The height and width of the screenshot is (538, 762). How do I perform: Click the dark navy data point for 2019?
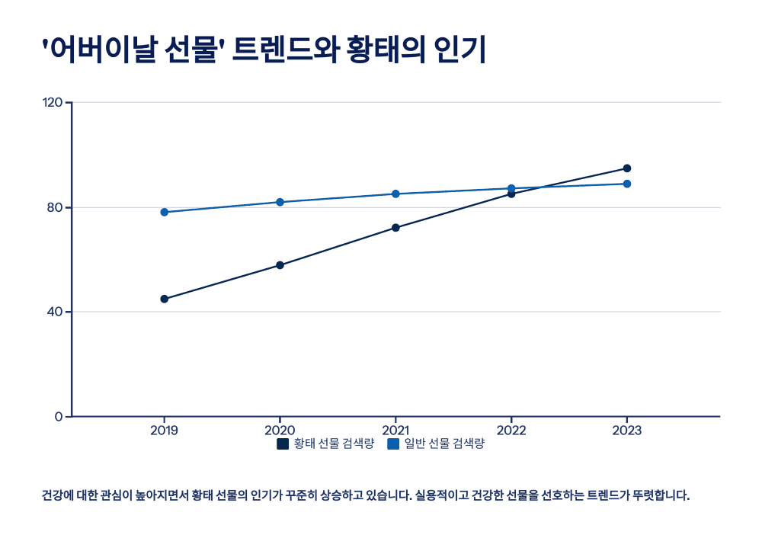[x=164, y=299]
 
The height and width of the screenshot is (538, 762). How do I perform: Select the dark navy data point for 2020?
[x=280, y=265]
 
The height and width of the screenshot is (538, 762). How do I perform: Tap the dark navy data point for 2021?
[x=395, y=228]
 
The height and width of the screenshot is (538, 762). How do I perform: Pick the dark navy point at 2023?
[x=627, y=168]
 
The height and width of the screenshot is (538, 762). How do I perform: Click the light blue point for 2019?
[x=164, y=212]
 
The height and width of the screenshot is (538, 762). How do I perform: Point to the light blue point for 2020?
[x=280, y=202]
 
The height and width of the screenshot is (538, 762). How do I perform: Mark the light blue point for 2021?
[x=395, y=194]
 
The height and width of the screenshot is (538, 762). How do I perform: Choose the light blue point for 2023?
[x=627, y=184]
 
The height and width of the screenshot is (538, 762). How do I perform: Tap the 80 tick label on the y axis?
[x=55, y=207]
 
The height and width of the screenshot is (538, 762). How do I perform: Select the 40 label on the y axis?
[x=55, y=312]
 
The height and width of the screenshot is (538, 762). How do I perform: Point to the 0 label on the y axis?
[x=58, y=417]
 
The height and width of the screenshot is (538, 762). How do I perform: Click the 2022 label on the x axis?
[x=511, y=431]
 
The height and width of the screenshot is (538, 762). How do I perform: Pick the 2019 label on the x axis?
[x=164, y=431]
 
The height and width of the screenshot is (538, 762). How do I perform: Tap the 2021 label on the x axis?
[x=395, y=431]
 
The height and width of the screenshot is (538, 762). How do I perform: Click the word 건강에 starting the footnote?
[x=56, y=495]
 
